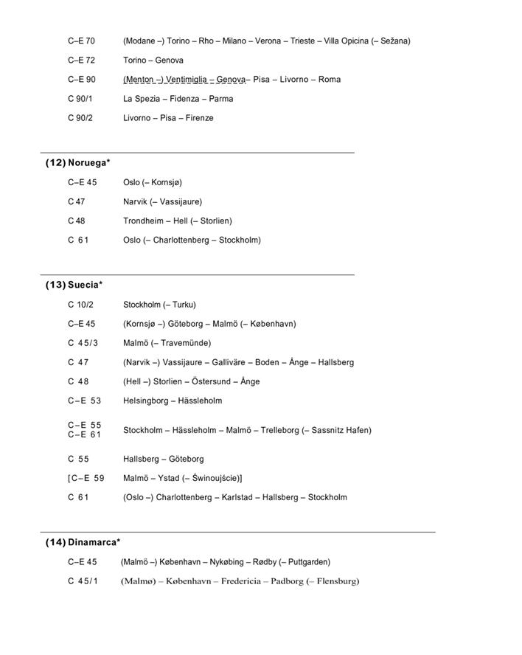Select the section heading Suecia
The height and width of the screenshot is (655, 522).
coord(84,285)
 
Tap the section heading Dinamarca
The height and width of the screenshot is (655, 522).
coord(93,542)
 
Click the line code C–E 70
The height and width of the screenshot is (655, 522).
coord(81,41)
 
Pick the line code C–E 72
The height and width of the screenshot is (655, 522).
coord(81,60)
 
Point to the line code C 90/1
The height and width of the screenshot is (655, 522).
coord(80,99)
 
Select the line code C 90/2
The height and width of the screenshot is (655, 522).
coord(80,118)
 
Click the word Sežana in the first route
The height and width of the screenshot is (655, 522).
coord(394,41)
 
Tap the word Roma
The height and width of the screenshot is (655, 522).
coord(330,80)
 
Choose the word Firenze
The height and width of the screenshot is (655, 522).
coord(199,118)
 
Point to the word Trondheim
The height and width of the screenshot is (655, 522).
coord(143,221)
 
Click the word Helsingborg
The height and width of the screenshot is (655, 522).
coord(146,401)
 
